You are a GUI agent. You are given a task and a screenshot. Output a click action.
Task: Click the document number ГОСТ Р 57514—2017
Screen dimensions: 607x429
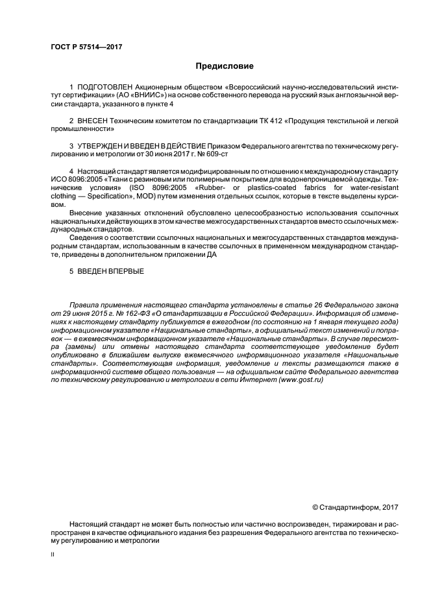click(x=86, y=47)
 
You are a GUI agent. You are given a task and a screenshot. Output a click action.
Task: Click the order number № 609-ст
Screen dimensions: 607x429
click(x=214, y=155)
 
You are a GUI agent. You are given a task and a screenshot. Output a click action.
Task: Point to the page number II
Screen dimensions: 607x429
click(x=53, y=556)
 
